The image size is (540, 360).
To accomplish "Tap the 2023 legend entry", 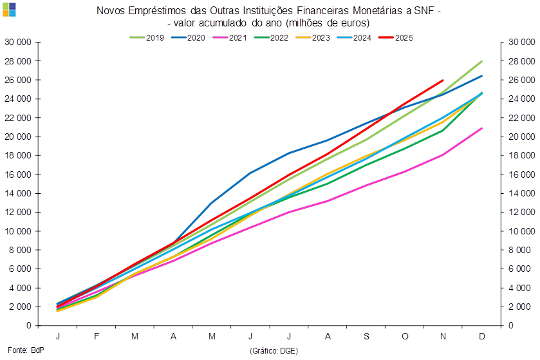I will [x=321, y=38].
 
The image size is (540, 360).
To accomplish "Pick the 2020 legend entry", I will [x=196, y=38].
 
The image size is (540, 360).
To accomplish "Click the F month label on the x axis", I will [x=97, y=337].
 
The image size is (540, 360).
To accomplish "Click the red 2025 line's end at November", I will [x=443, y=81].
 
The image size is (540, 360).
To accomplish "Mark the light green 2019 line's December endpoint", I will [x=481, y=61].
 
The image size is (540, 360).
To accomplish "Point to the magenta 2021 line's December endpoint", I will [x=481, y=128].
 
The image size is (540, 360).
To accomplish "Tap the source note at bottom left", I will [x=16, y=350].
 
